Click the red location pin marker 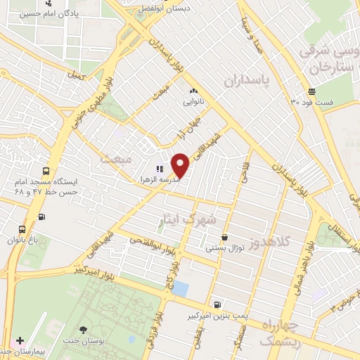click(181, 165)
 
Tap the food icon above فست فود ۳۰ click(311, 91)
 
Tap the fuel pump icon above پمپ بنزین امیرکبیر click(217, 304)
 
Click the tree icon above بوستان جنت click(84, 329)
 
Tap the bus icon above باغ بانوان click(22, 229)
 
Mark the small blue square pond click(181, 288)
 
